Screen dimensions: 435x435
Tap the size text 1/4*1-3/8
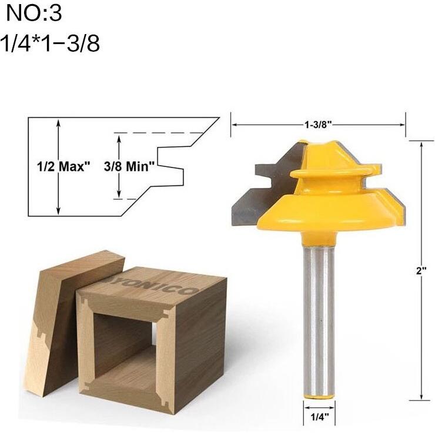(x=50, y=43)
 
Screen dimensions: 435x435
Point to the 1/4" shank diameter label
(x=318, y=420)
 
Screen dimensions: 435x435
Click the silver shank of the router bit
(x=318, y=317)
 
